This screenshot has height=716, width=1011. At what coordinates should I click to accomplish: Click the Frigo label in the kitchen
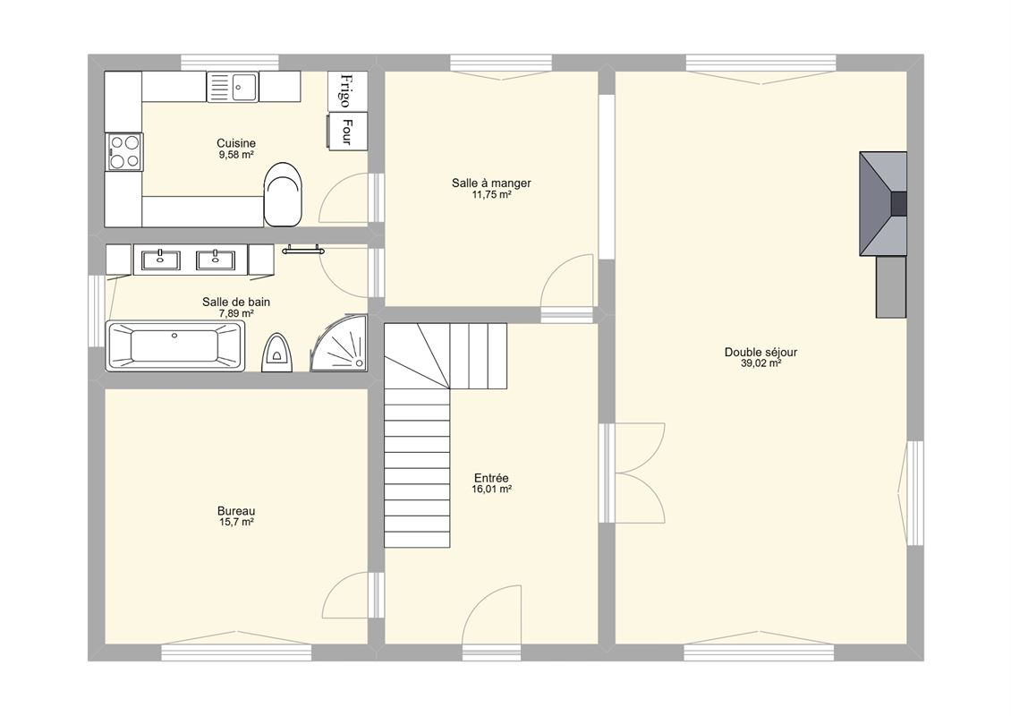coord(345,91)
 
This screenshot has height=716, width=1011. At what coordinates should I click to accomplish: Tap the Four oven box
coord(347,132)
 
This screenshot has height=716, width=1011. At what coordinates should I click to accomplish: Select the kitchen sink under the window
coord(232,87)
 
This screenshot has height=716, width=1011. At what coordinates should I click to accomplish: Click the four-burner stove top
coord(124,151)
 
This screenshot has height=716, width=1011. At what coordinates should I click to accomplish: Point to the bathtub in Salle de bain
coord(175,345)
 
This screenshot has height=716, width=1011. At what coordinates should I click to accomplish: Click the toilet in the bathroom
coord(277,353)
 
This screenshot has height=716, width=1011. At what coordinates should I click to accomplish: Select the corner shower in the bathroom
coord(339,343)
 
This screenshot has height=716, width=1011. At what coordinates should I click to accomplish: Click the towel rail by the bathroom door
coord(302,250)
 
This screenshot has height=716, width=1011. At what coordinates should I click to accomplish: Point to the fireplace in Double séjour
coord(883,204)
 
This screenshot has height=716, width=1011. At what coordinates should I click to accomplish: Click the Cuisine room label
coord(236,143)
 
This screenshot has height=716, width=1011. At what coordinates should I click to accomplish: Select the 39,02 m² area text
coord(760,363)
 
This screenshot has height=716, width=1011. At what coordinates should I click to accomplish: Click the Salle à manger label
coord(491,183)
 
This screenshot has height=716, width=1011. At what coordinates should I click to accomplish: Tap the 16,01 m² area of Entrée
coord(491,490)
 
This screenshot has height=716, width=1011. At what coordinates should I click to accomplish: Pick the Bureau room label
coord(236,511)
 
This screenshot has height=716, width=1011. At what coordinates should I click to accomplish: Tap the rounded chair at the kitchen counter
coord(283,194)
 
